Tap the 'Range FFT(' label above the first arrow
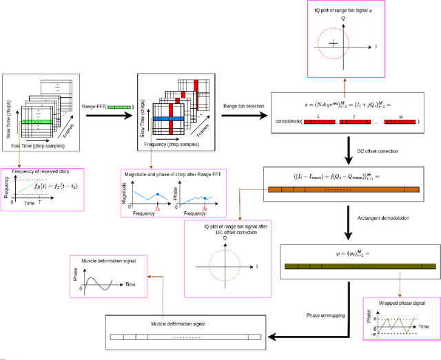(97, 107)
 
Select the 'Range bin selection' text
(246, 107)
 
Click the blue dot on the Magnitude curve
(160, 195)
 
